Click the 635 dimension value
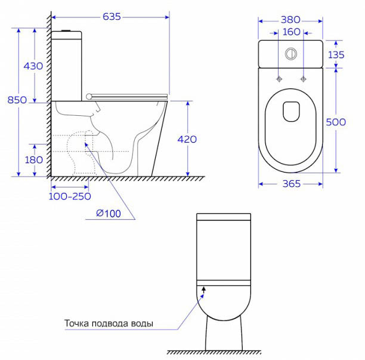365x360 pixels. [112, 17]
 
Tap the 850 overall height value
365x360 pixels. [17, 100]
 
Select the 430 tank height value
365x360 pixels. [33, 66]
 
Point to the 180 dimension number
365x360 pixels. [34, 160]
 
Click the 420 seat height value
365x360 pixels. [187, 139]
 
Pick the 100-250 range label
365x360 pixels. [70, 196]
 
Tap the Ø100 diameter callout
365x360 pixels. [109, 214]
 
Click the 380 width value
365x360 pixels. [290, 20]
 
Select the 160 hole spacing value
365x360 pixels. [292, 32]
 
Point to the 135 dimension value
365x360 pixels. [336, 55]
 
